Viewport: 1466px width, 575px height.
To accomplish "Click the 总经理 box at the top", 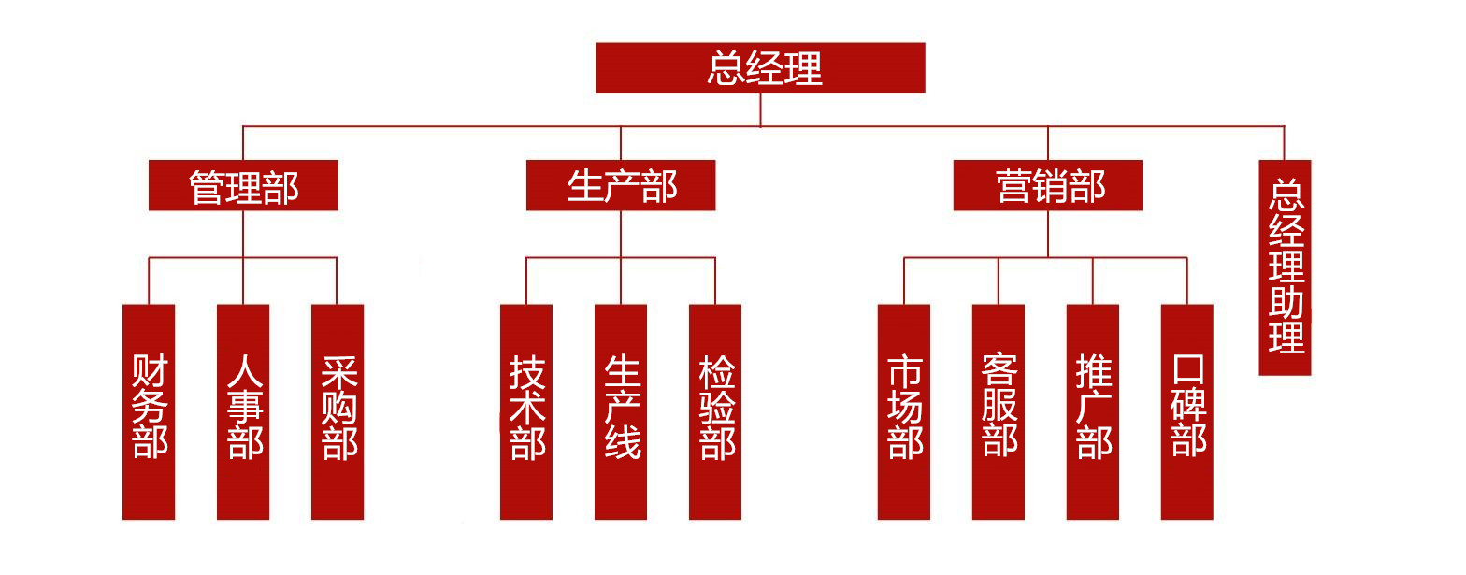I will tap(760, 68).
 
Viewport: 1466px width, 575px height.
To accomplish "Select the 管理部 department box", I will tap(243, 185).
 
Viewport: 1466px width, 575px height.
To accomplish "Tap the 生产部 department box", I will tap(621, 185).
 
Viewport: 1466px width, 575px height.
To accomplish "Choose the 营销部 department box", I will tap(1048, 185).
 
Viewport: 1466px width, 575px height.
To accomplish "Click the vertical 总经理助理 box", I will tap(1285, 267).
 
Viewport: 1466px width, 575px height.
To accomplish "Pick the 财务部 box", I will tap(149, 411).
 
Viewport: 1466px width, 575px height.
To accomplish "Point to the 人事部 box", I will tap(243, 411).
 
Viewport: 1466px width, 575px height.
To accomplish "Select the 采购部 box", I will tap(338, 411).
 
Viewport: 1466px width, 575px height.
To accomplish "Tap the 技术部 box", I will tap(526, 411).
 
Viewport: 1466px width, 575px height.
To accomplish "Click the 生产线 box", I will tap(621, 411).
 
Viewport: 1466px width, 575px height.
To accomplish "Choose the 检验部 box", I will tap(715, 411).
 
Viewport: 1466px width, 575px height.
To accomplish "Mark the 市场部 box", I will tap(904, 411).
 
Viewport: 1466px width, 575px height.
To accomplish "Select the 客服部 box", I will tap(999, 411).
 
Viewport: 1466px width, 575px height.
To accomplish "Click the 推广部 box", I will tap(1093, 411).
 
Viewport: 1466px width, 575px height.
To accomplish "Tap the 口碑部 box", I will tap(1187, 411).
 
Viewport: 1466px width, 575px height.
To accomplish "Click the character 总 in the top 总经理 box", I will tap(725, 69).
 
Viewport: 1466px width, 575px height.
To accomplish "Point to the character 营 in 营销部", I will tap(1013, 186).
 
